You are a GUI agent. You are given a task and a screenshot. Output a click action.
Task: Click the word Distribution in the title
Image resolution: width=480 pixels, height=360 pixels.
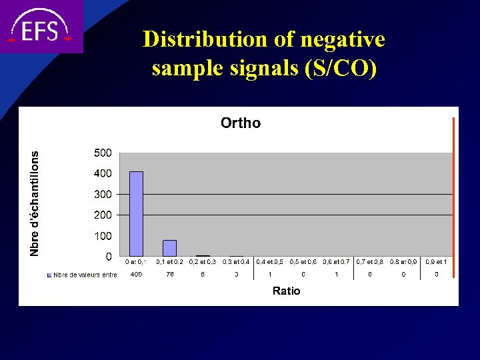click(198, 40)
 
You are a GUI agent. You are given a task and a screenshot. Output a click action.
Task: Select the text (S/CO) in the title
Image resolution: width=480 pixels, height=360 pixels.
click(340, 69)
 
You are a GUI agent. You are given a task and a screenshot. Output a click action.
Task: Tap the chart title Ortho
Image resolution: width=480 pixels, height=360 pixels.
click(241, 123)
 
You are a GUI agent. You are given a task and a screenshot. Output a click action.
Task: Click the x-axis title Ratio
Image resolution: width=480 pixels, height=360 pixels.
click(286, 291)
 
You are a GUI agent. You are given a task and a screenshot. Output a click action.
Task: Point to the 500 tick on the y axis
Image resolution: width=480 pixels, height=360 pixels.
click(102, 153)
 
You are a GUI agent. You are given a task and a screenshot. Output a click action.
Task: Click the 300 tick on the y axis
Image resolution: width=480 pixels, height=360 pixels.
click(102, 194)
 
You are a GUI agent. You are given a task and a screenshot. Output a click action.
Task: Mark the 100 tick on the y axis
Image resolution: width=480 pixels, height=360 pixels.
click(102, 236)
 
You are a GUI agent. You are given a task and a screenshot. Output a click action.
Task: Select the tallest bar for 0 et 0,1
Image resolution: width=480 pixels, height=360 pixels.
click(136, 214)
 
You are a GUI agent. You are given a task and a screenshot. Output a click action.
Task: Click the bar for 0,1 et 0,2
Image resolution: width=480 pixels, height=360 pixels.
click(169, 248)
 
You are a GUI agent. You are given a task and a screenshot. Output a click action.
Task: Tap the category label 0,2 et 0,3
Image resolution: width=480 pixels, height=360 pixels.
click(203, 262)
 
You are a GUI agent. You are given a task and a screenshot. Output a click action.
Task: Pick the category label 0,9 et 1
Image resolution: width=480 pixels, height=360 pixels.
click(437, 262)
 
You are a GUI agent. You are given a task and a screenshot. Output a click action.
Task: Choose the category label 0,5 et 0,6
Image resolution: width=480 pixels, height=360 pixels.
click(303, 262)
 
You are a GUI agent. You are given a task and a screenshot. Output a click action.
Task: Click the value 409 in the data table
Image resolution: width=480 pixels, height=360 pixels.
click(136, 275)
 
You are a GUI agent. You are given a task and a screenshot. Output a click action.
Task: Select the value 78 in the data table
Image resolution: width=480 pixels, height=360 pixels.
click(169, 275)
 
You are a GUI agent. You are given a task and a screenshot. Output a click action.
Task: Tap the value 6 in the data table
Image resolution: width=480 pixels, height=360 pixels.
click(203, 275)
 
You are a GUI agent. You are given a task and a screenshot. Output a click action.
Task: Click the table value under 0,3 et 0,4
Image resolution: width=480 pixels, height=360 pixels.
click(236, 275)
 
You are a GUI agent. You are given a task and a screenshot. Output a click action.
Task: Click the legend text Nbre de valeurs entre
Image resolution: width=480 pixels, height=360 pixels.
click(85, 275)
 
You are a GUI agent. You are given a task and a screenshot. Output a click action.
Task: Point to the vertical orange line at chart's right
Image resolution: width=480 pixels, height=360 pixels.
click(453, 200)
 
